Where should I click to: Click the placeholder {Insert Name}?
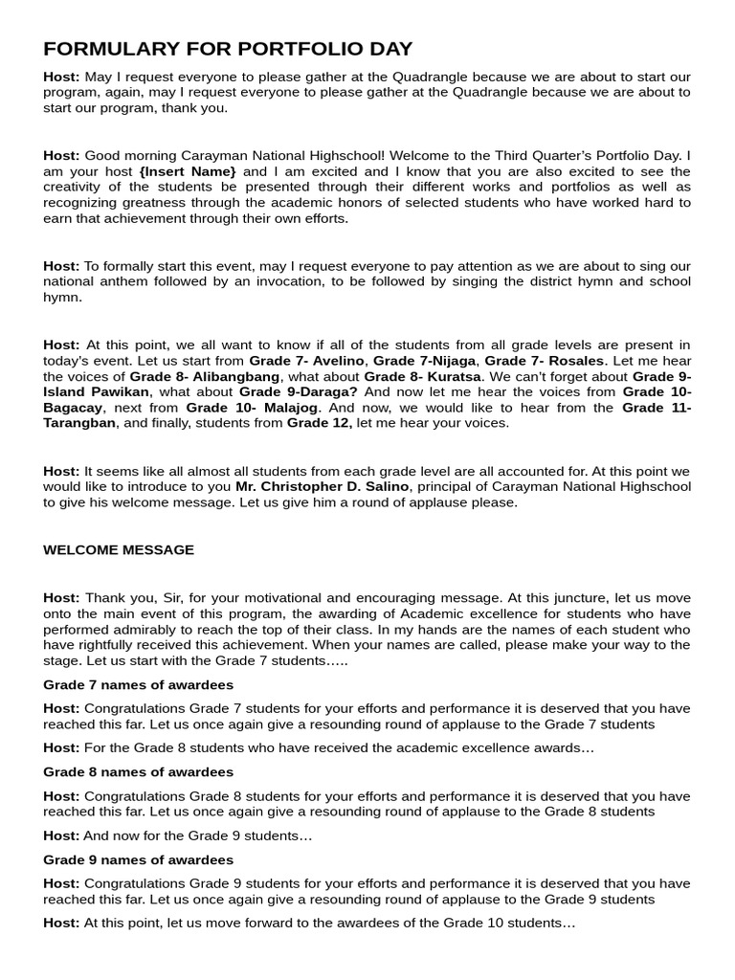click(188, 170)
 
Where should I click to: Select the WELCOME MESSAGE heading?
click(119, 549)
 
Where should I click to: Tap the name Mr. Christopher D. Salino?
click(322, 486)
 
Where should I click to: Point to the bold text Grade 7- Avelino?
click(306, 360)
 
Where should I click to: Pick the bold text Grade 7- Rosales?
click(544, 360)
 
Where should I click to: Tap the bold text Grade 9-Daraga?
click(298, 391)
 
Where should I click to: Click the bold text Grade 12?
click(319, 422)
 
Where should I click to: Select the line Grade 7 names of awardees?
click(138, 684)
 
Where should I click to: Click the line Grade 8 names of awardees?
click(138, 771)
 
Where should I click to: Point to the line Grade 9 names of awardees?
click(138, 859)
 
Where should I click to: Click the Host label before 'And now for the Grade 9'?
click(61, 835)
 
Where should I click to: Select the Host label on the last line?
click(61, 923)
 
